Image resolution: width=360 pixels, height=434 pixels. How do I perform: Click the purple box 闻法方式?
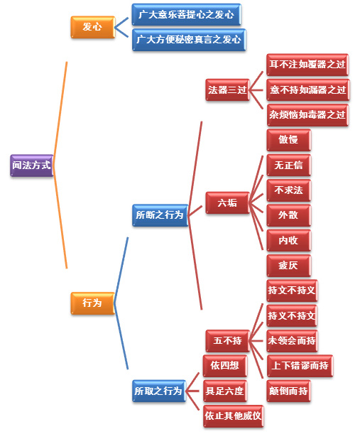[32, 166]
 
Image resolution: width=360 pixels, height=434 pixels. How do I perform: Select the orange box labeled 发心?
[93, 27]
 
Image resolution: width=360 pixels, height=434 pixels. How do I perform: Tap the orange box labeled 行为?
[93, 303]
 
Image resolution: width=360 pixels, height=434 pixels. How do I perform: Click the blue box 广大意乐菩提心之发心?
[186, 14]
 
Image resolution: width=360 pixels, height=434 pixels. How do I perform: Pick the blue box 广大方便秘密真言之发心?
[189, 40]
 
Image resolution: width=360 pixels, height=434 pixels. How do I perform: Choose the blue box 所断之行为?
[160, 215]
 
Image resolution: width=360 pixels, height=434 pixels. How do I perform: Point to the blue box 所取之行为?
[159, 391]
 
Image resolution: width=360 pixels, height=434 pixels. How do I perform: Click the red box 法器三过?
[227, 89]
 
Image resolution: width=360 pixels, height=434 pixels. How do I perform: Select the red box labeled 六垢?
[227, 202]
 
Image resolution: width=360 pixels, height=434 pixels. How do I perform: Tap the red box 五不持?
[227, 341]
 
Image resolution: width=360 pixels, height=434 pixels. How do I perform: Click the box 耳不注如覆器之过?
[307, 65]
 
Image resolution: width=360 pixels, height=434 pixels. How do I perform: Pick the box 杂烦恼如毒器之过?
[307, 115]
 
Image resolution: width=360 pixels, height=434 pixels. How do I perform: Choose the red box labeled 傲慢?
[289, 140]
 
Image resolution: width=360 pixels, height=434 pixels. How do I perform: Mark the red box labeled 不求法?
[289, 190]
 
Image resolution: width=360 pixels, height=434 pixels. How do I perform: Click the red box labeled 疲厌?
[289, 266]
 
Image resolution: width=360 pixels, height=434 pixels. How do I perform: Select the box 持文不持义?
[292, 291]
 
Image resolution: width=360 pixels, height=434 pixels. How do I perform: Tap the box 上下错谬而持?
[300, 366]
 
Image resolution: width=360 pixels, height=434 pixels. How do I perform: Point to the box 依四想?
[225, 366]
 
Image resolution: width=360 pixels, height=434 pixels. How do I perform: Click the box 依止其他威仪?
[234, 416]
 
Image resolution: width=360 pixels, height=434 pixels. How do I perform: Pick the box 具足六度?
[225, 391]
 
